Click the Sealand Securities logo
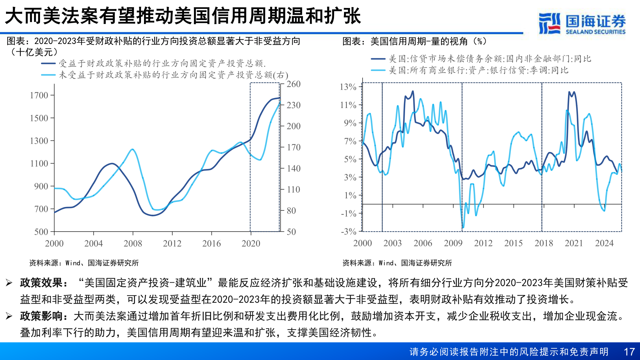[582, 23]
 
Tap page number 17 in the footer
[629, 352]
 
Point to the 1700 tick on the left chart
[39, 95]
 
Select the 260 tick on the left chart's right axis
[293, 84]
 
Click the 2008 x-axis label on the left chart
[133, 243]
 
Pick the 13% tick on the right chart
[348, 87]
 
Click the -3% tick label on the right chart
[349, 231]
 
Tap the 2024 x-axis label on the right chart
[604, 243]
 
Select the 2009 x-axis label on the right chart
[453, 243]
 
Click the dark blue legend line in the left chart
[48, 63]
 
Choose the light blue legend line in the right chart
[378, 70]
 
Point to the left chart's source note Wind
[73, 263]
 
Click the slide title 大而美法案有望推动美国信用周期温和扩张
[183, 16]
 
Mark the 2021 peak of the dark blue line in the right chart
[570, 92]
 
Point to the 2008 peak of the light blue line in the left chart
[132, 149]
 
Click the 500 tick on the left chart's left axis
[41, 232]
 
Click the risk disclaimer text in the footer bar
[509, 352]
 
